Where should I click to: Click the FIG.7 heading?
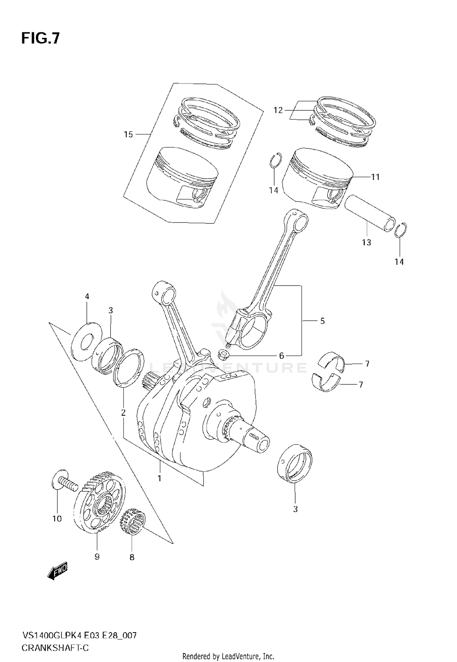(41, 39)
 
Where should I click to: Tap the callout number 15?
(128, 134)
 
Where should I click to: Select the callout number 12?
(278, 110)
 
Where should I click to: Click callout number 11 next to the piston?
(375, 177)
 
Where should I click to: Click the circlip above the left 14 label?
(276, 160)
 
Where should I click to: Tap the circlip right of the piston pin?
(401, 230)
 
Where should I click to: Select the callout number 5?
(322, 321)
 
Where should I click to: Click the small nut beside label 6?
(223, 355)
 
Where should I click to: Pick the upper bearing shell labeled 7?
(333, 362)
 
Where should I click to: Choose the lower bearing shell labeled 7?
(327, 383)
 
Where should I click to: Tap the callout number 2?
(123, 413)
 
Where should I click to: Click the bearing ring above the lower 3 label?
(295, 464)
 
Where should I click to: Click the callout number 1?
(159, 478)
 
